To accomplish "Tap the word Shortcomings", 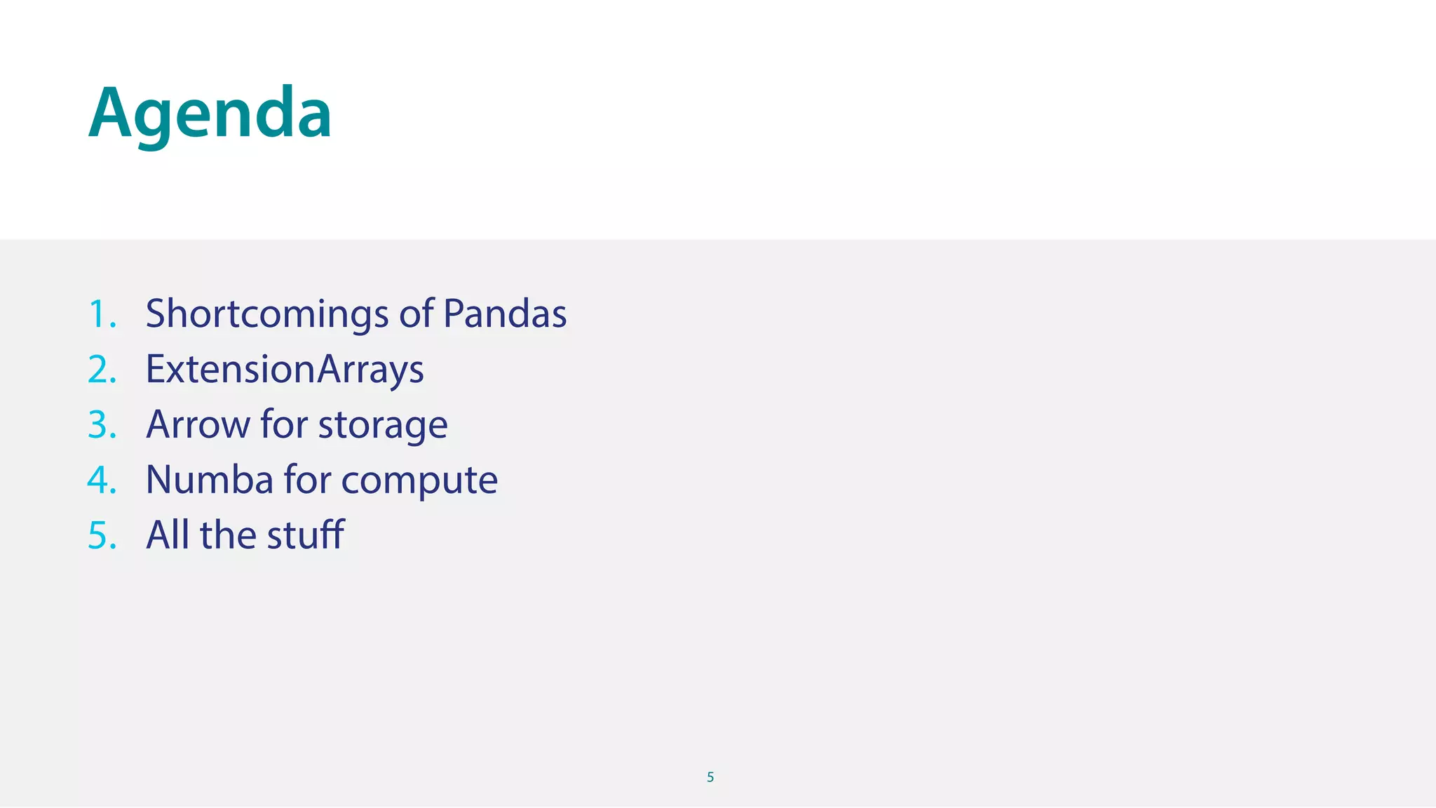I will [x=266, y=314].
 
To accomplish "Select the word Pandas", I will [x=505, y=314].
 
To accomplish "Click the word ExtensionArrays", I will [x=285, y=369].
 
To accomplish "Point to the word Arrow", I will [x=198, y=424].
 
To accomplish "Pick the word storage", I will [x=383, y=425].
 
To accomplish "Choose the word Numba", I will [x=209, y=480].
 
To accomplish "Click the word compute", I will [x=419, y=481].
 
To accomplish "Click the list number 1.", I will [x=102, y=314].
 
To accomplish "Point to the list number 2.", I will [x=102, y=369].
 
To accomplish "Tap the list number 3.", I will [x=102, y=424].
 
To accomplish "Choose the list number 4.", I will [x=102, y=480].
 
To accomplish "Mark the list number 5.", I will [x=102, y=535].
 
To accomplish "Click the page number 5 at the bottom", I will [x=710, y=777].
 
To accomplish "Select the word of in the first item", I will [x=416, y=314].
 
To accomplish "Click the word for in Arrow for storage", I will [x=284, y=424].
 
